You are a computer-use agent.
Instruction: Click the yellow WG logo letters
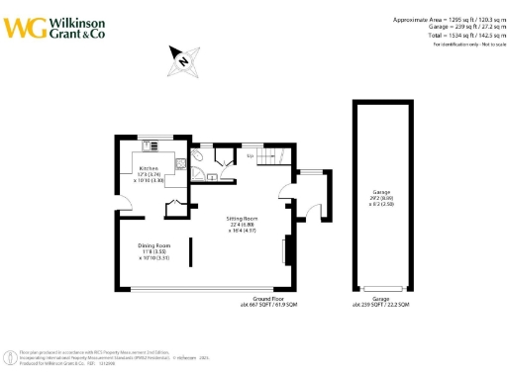[x=23, y=27]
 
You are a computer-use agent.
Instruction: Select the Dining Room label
[x=155, y=247]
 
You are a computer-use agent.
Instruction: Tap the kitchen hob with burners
[x=154, y=147]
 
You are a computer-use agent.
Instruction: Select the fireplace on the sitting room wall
[x=286, y=250]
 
